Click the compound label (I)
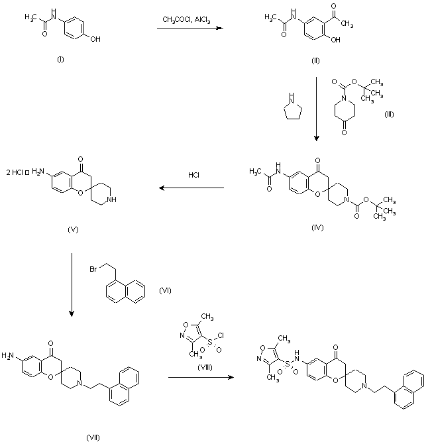[60, 60]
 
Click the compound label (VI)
[165, 290]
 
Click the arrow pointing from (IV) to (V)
[192, 189]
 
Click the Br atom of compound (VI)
[94, 269]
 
